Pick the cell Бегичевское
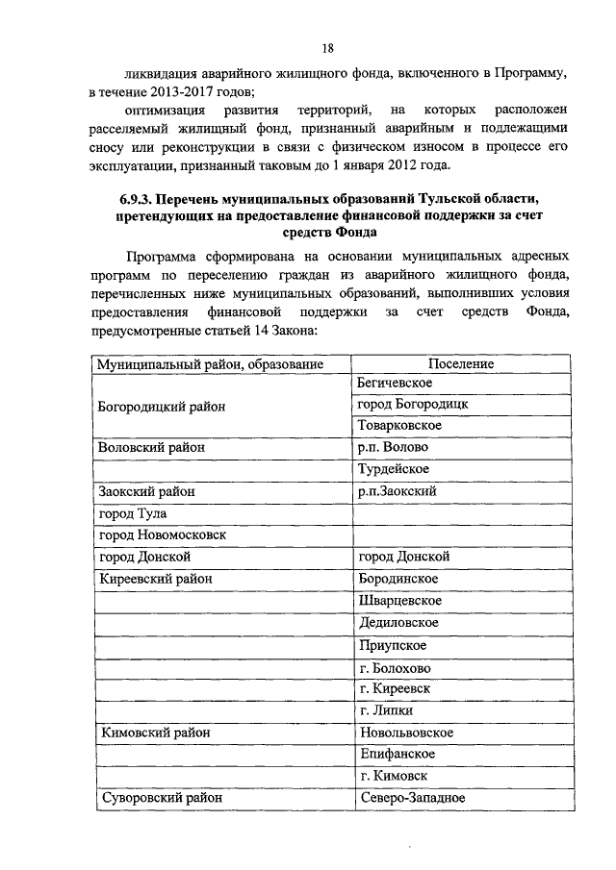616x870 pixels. tap(393, 383)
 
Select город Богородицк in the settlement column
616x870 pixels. tap(412, 404)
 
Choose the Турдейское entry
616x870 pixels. tap(394, 469)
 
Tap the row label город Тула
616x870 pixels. tap(133, 513)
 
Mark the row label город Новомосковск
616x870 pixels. tap(162, 534)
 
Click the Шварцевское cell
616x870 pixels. tap(399, 601)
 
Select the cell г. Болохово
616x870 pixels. tap(395, 667)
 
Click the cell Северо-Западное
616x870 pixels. tap(412, 798)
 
